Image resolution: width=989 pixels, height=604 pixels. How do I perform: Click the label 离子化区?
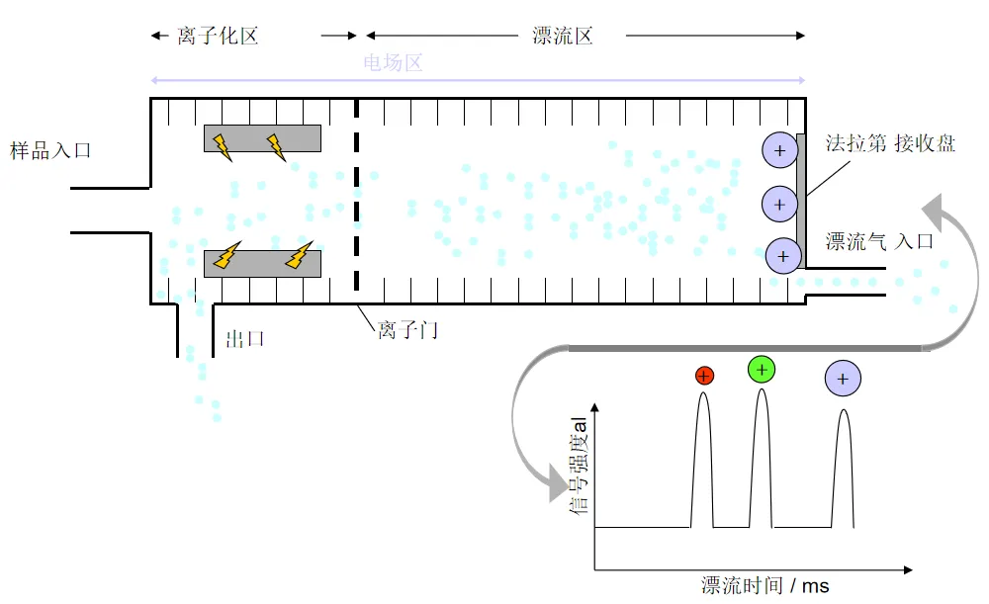[x=218, y=37]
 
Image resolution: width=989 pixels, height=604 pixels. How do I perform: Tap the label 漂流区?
[x=562, y=37]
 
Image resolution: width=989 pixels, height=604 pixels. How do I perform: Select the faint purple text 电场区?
[x=393, y=63]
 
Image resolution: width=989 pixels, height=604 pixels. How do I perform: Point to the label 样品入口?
[x=50, y=151]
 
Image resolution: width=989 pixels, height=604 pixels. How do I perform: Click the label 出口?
[x=245, y=339]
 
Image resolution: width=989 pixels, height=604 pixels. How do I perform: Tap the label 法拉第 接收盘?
[x=890, y=143]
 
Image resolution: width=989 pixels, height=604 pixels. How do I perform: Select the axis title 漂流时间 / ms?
[x=764, y=585]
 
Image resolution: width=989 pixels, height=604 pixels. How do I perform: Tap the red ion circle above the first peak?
[x=704, y=375]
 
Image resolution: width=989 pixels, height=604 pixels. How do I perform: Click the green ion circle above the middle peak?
[x=762, y=370]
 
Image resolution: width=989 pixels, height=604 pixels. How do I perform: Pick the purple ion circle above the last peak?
[x=843, y=379]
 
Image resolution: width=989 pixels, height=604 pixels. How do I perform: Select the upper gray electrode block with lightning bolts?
[x=262, y=138]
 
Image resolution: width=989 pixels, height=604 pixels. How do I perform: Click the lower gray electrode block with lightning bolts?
[x=262, y=263]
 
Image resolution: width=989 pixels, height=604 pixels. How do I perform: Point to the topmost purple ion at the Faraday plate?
[x=779, y=150]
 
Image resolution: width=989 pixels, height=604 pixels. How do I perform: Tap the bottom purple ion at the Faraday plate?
[x=782, y=255]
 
